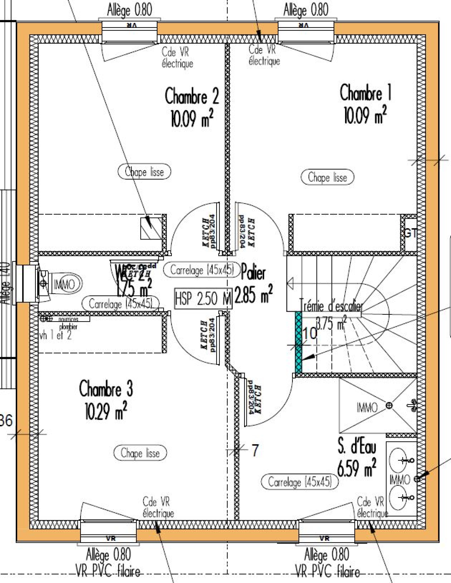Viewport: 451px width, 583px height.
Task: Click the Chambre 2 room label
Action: tap(192, 96)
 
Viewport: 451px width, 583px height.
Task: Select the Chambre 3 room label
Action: tap(106, 389)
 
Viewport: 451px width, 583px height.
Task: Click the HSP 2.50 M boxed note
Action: tap(203, 298)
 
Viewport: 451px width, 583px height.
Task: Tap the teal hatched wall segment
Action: tap(298, 342)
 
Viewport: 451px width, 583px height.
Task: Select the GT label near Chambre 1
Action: tap(410, 233)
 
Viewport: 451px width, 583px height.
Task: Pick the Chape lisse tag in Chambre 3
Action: tap(140, 453)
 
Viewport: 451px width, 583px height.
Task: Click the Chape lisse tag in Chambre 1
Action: tap(327, 177)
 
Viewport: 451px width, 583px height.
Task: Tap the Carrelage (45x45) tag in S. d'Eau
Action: tap(300, 482)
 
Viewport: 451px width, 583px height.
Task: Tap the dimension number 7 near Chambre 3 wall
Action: tap(255, 450)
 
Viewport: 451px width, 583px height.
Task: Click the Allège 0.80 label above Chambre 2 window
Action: tap(129, 10)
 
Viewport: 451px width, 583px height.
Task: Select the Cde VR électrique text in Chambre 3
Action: tap(158, 507)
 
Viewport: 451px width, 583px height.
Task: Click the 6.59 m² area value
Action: tap(357, 468)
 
